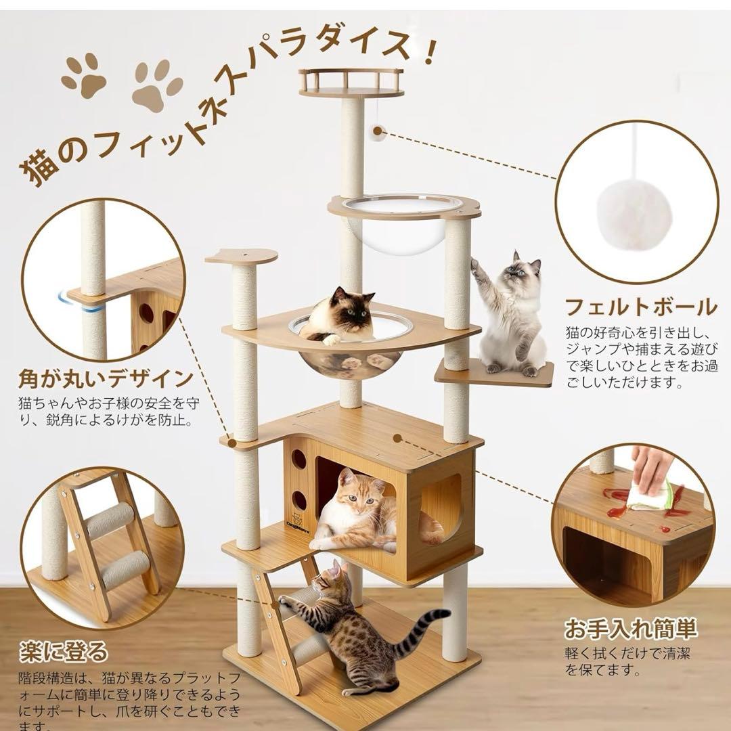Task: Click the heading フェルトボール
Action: click(640, 307)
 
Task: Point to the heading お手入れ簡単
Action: click(630, 629)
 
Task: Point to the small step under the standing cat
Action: click(494, 373)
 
